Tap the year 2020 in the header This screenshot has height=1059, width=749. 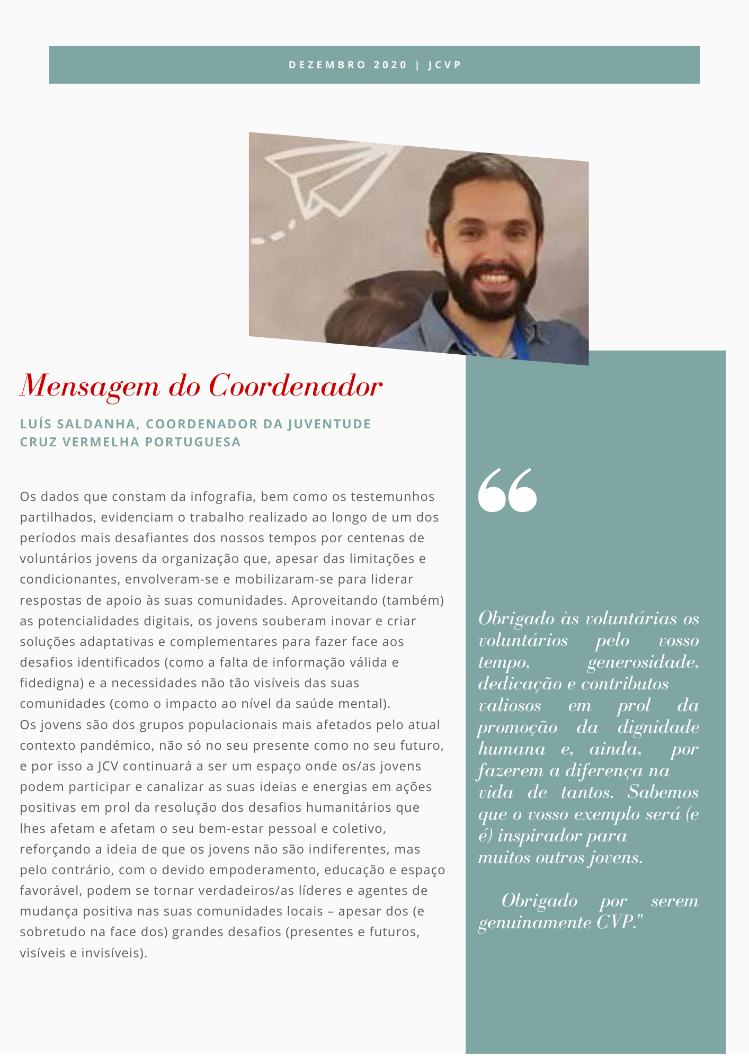coord(390,65)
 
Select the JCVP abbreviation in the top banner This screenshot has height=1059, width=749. coord(445,65)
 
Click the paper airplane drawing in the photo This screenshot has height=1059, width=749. coord(328,177)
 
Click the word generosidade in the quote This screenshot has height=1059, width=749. coord(643,662)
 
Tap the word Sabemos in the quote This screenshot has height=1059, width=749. coord(663,793)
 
